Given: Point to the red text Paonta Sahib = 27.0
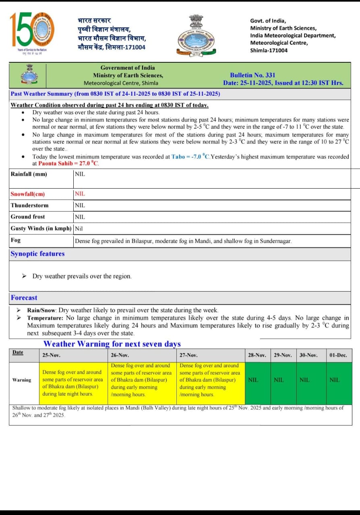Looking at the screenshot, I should (x=68, y=163).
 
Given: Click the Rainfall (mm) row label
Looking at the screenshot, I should (x=29, y=174).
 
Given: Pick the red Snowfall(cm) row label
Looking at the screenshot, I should (x=28, y=194).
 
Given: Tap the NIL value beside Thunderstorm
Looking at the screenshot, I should (x=80, y=205).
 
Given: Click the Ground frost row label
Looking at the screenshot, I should (x=28, y=216).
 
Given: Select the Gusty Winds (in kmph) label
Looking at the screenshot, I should (x=41, y=228).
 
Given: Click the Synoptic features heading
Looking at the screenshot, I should (x=37, y=254).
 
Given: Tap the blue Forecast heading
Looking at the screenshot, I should (x=24, y=298).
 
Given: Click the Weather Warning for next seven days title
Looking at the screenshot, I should (x=112, y=344).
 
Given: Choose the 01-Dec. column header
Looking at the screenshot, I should (x=338, y=356).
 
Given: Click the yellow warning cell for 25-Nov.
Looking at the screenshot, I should (x=73, y=383).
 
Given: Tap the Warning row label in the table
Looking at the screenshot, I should (x=22, y=380).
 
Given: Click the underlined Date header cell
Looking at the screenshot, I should (x=18, y=352).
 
